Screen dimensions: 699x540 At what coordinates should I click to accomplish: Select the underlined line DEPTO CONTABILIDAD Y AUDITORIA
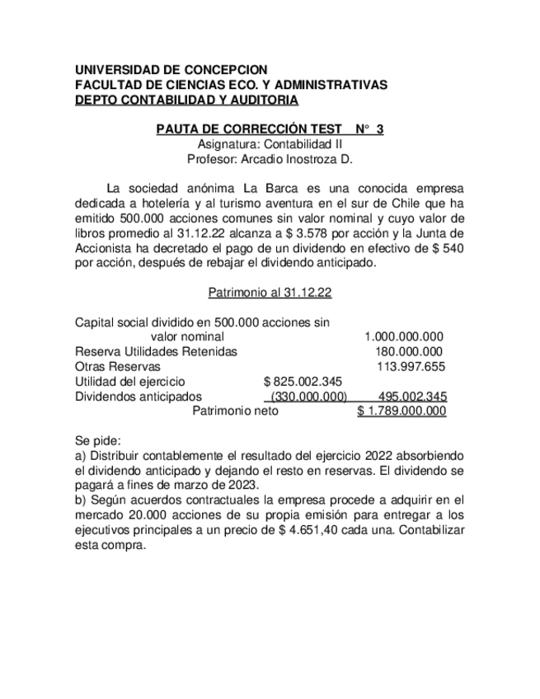tap(186, 100)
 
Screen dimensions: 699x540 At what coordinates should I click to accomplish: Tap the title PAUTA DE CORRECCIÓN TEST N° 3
tap(270, 129)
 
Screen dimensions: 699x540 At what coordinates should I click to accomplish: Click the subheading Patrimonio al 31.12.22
tap(270, 292)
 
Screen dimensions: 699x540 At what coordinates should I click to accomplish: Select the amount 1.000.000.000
tap(404, 336)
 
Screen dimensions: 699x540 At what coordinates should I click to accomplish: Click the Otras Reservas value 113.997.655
tap(411, 366)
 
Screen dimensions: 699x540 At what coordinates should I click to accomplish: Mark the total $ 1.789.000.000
tap(401, 410)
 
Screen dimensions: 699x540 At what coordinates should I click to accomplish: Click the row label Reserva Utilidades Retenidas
tap(156, 351)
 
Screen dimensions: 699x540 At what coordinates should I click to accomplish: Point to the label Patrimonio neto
tap(235, 410)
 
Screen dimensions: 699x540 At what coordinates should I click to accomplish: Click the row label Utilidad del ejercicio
tap(129, 381)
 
